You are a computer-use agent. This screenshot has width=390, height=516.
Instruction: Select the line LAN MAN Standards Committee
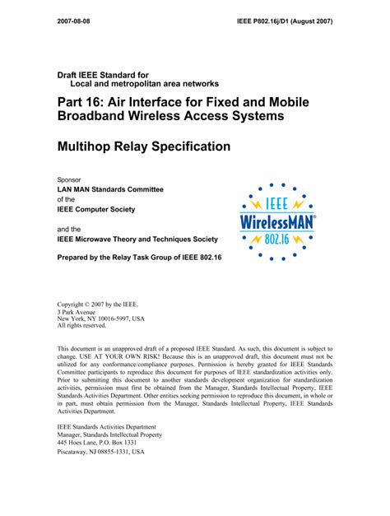point(110,189)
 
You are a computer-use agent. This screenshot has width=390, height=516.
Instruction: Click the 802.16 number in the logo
point(277,237)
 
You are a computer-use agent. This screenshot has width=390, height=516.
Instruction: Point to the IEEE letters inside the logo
point(276,203)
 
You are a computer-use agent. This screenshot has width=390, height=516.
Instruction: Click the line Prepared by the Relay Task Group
point(144,258)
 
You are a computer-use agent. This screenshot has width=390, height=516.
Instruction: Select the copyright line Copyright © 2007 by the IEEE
point(103,304)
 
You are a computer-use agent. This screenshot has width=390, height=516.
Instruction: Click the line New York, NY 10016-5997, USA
point(100,319)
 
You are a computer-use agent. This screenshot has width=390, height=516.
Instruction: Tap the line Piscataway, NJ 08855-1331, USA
point(100,452)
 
